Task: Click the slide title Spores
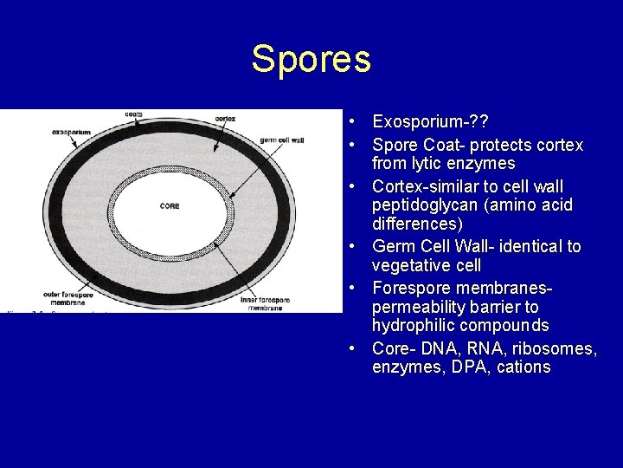click(311, 59)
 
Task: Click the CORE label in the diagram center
click(170, 205)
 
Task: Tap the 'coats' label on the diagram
click(134, 114)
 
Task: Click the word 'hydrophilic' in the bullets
click(412, 327)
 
